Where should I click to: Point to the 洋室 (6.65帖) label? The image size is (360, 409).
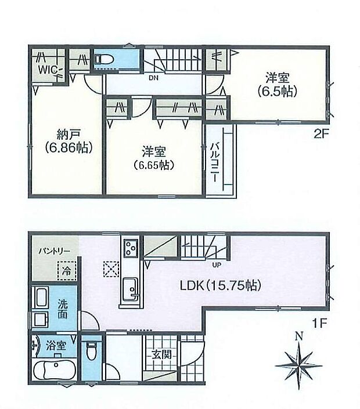(x=154, y=158)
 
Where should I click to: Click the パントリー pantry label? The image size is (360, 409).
(x=55, y=252)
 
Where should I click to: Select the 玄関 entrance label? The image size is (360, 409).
(x=161, y=353)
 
